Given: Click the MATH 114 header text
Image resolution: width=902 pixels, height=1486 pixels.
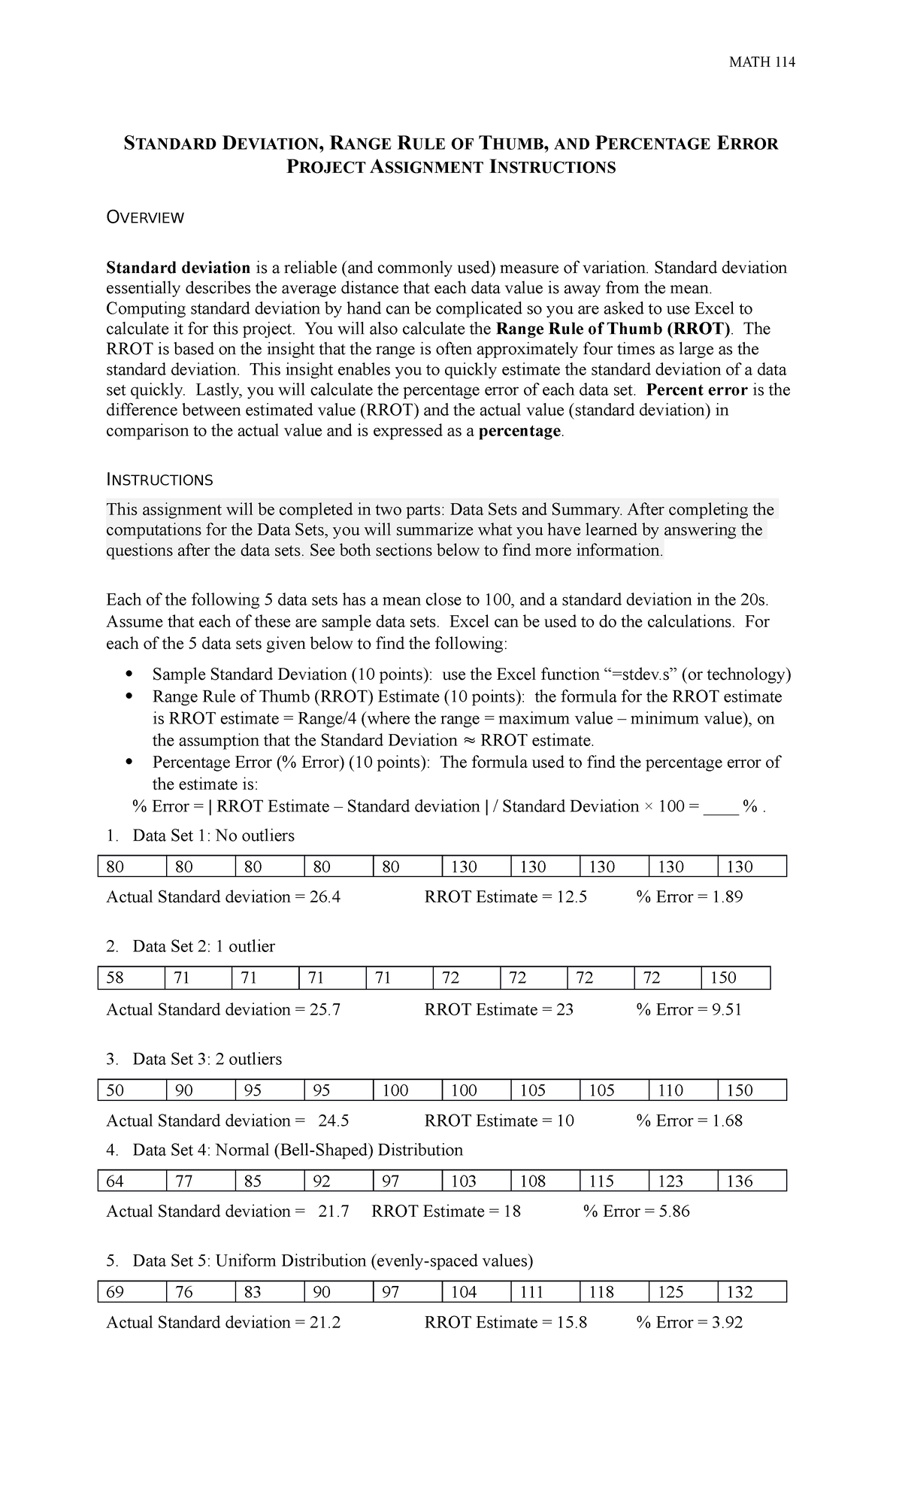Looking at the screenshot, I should (x=762, y=62).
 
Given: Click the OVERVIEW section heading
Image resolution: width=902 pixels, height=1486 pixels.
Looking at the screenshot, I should (x=145, y=218).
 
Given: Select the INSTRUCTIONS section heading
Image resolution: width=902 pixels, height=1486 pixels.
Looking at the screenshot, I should (x=159, y=480).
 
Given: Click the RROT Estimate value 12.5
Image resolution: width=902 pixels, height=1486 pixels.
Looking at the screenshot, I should (x=571, y=897).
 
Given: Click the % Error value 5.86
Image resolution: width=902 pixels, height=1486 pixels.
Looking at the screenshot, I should (x=673, y=1212).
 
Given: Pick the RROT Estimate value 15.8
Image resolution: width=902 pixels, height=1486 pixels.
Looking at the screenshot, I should (x=571, y=1323).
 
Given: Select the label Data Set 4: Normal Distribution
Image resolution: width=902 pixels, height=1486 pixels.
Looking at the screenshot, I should (x=298, y=1150).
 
